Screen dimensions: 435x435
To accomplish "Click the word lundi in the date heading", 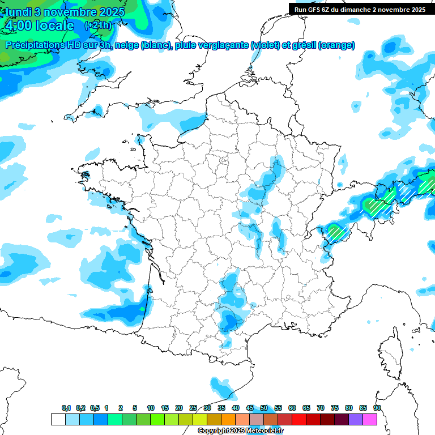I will point(19,12).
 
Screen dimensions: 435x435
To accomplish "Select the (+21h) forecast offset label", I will point(97,25).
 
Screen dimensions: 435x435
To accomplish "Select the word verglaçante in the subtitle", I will point(222,45).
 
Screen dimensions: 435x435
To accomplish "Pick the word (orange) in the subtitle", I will point(336,45).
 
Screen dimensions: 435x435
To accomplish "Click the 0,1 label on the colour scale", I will point(66,408).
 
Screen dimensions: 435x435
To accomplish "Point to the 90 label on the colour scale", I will point(377,408).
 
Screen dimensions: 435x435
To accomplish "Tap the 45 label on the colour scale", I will point(250,408).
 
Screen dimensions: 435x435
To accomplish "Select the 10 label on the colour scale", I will point(151,408).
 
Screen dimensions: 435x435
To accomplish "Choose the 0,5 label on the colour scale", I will point(95,408).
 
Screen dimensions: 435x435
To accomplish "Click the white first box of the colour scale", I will point(58,419).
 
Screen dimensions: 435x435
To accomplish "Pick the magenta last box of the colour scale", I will point(370,419).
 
